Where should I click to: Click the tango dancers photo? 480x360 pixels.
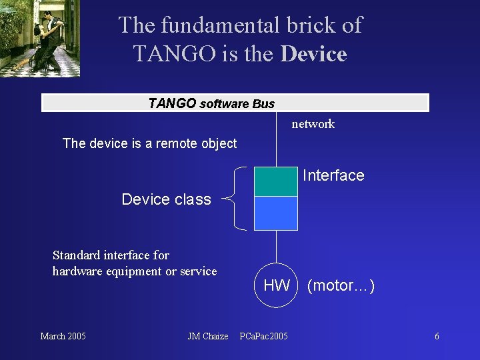click(x=40, y=38)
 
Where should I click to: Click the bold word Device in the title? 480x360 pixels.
click(x=313, y=53)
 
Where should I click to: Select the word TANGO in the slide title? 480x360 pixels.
click(x=176, y=53)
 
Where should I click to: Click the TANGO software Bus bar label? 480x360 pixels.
click(x=211, y=103)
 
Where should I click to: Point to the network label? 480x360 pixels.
click(x=313, y=124)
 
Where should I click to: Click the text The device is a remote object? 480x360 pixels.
click(x=149, y=143)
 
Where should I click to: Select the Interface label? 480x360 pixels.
click(x=333, y=175)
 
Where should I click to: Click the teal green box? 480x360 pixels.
click(x=275, y=181)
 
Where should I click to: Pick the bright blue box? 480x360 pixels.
click(x=275, y=213)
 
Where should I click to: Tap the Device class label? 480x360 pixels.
click(x=166, y=199)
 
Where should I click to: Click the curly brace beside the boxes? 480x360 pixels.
click(x=233, y=198)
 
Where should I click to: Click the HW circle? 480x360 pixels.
click(x=276, y=286)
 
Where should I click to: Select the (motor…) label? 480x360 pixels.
click(x=341, y=286)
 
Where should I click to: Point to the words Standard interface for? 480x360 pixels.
click(x=111, y=255)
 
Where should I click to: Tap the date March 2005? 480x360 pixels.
click(x=63, y=336)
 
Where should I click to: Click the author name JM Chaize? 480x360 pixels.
click(x=207, y=336)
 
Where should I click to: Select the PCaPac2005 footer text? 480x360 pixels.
click(x=263, y=336)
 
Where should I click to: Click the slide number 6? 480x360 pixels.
click(x=437, y=336)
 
